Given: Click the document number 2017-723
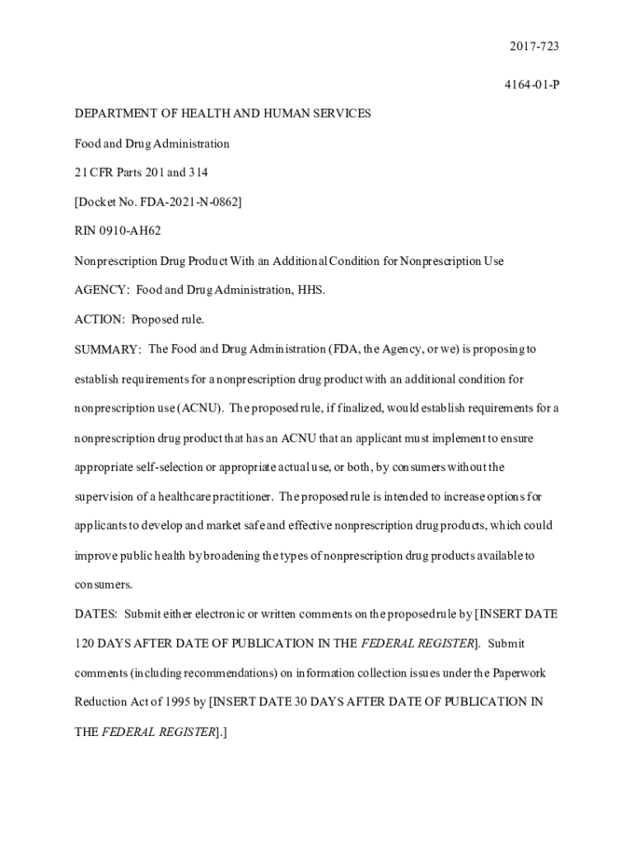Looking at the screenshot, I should [x=536, y=47].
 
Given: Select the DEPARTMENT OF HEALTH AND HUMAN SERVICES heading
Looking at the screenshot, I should [x=222, y=114].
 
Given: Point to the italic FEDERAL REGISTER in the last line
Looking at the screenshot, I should [x=158, y=731].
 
